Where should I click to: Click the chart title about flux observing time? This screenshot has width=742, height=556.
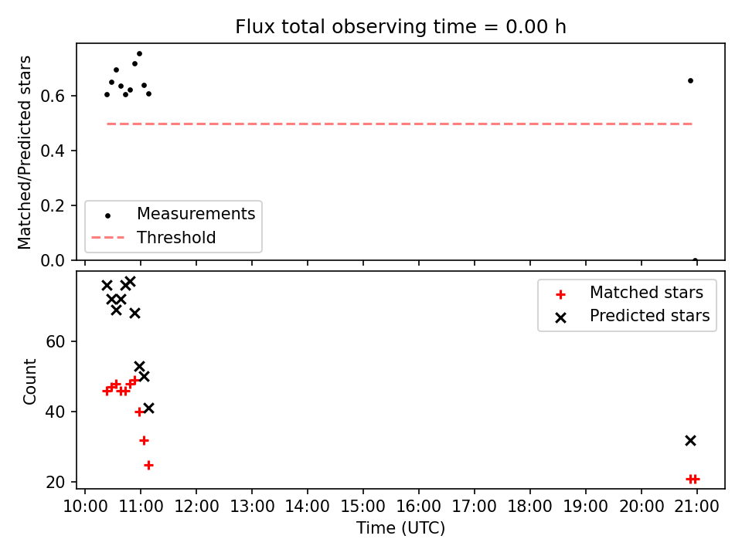point(400,27)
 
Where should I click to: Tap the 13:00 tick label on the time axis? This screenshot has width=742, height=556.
point(252,507)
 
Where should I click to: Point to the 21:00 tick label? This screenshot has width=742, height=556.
point(696,507)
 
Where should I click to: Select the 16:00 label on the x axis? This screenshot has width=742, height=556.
point(418,507)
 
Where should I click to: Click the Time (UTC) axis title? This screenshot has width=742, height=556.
point(400,527)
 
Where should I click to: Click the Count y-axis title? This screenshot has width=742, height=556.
point(29,381)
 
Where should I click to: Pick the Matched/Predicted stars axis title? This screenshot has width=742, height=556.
point(24,152)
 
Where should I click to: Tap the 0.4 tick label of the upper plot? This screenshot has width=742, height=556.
point(52,151)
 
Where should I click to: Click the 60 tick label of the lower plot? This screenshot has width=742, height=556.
point(55,341)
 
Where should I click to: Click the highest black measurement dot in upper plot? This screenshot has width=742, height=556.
point(139,54)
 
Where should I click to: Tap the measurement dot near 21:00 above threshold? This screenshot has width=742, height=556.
point(690,81)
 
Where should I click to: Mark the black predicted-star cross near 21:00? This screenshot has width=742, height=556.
point(690,441)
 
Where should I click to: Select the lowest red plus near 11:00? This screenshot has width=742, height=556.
point(148,466)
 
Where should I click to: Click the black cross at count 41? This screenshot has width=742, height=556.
point(148,408)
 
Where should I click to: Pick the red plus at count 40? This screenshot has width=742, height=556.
point(139,412)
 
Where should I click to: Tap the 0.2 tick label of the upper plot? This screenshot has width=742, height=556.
point(52,205)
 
